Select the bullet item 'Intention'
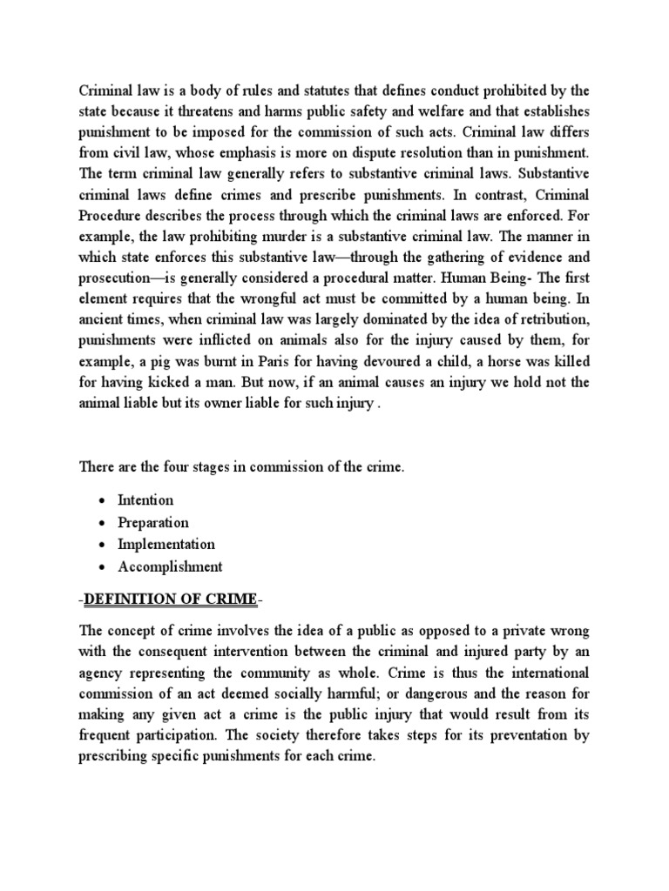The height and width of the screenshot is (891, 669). pyautogui.click(x=147, y=499)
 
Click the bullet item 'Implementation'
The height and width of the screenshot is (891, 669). pyautogui.click(x=167, y=545)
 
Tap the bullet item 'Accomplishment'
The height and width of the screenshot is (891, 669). pyautogui.click(x=172, y=567)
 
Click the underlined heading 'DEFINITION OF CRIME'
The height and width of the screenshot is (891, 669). pyautogui.click(x=171, y=600)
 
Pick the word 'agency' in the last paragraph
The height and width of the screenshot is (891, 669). pyautogui.click(x=103, y=674)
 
